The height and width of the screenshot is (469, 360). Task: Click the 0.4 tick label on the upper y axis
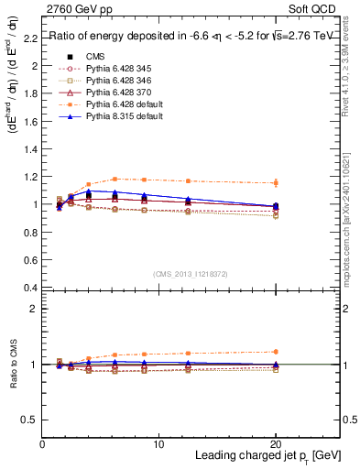pyautogui.click(x=30, y=288)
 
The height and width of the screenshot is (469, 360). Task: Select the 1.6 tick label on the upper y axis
pyautogui.click(x=30, y=122)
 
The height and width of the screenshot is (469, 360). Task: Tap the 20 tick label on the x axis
pyautogui.click(x=276, y=443)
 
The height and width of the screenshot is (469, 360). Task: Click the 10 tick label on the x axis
pyautogui.click(x=159, y=443)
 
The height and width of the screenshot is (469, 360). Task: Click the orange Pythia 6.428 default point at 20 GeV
pyautogui.click(x=276, y=183)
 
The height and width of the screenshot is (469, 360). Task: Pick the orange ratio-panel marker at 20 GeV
pyautogui.click(x=276, y=352)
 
